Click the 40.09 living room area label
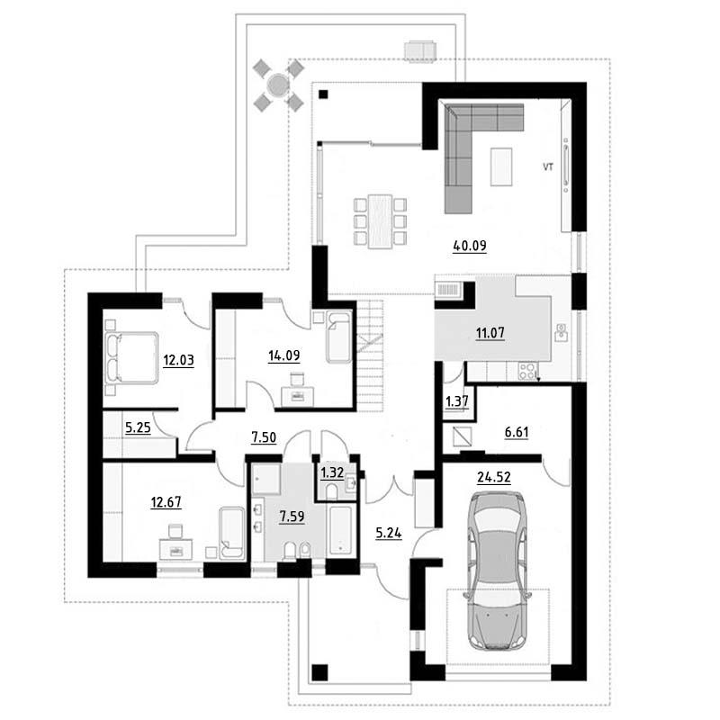click(469, 246)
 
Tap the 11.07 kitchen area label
click(490, 332)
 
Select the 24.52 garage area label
click(493, 478)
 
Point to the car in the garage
click(498, 571)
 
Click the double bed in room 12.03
click(131, 358)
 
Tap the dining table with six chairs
click(380, 221)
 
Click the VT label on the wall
click(548, 166)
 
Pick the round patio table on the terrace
click(278, 85)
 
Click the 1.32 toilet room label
click(331, 472)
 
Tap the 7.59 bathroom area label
click(292, 517)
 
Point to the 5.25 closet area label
click(138, 428)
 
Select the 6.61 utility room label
click(517, 432)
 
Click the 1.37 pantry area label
click(457, 401)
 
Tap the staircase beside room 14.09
click(370, 355)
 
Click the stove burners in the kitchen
click(527, 371)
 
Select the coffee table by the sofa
click(501, 166)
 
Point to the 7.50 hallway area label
click(264, 437)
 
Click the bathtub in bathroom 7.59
click(340, 530)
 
